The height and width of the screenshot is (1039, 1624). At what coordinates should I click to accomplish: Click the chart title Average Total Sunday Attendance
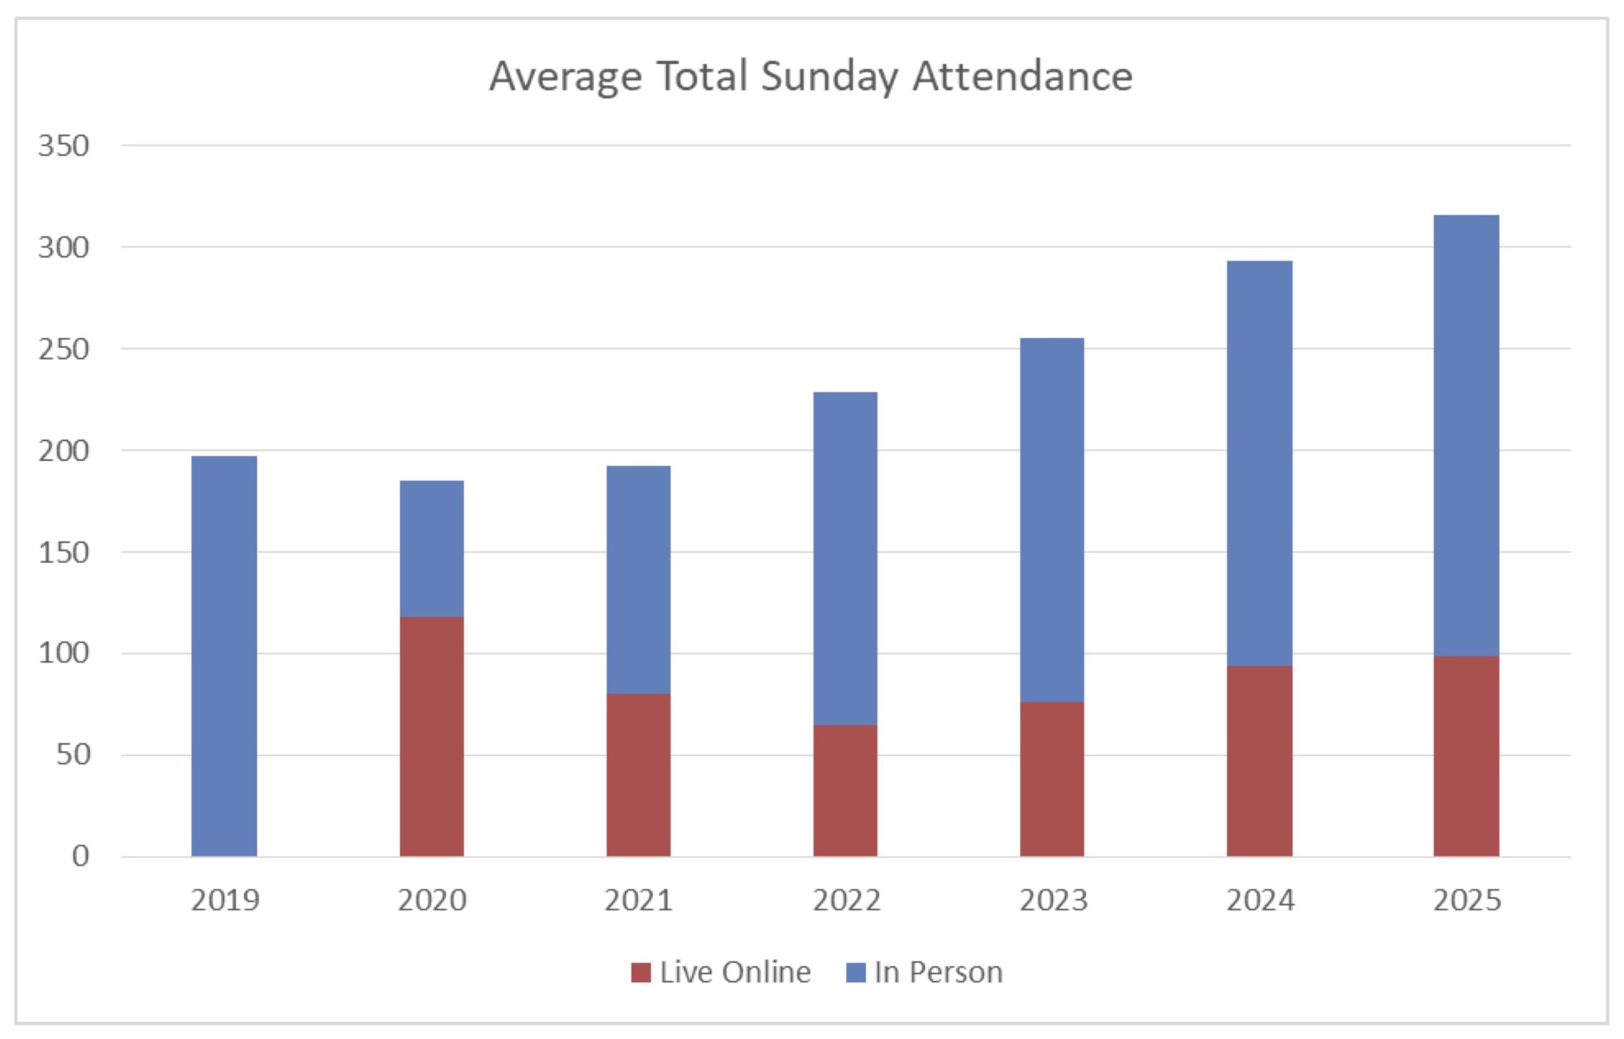811,75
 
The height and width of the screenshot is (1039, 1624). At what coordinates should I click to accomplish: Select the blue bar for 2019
224,655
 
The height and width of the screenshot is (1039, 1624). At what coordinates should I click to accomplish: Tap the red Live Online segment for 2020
431,736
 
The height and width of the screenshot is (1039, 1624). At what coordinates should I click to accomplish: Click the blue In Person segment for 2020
431,548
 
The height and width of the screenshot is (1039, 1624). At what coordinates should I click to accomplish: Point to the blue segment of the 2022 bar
845,558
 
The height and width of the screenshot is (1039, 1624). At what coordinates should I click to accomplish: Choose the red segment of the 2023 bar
1052,778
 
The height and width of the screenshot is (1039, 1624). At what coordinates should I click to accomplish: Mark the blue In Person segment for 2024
1259,463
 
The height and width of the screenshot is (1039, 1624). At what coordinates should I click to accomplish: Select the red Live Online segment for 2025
1466,756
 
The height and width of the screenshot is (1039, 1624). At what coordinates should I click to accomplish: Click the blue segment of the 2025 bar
1466,435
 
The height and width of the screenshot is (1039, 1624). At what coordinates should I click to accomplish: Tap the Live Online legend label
735,972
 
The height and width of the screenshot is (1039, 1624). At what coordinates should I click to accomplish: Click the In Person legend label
938,972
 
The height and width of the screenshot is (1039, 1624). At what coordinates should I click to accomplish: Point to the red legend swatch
641,972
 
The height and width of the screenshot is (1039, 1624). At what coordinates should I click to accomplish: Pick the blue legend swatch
855,972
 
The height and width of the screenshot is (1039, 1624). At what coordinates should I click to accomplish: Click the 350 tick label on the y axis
63,146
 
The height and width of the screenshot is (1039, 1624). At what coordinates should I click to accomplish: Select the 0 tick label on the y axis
81,856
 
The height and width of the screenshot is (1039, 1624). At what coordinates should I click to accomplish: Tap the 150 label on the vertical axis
63,553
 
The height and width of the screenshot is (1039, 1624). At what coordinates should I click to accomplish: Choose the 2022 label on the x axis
846,901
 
